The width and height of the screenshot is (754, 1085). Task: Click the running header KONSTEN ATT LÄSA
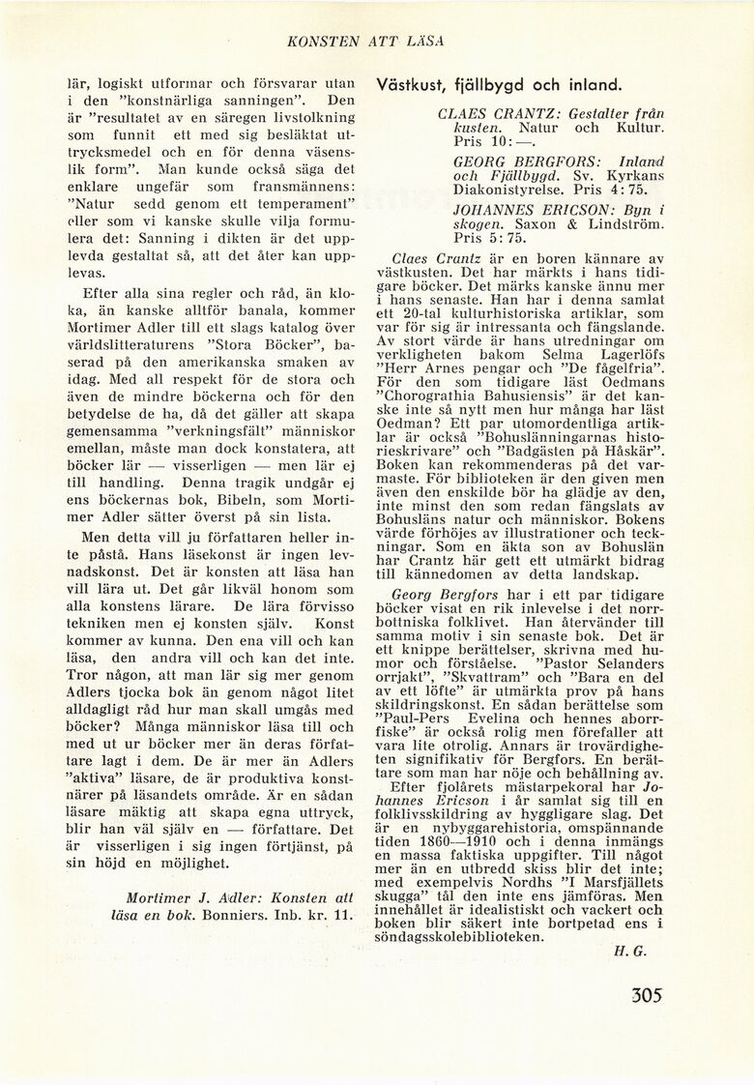365,41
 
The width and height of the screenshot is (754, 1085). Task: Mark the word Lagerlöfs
628,353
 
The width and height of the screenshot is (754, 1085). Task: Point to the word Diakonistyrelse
508,191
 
